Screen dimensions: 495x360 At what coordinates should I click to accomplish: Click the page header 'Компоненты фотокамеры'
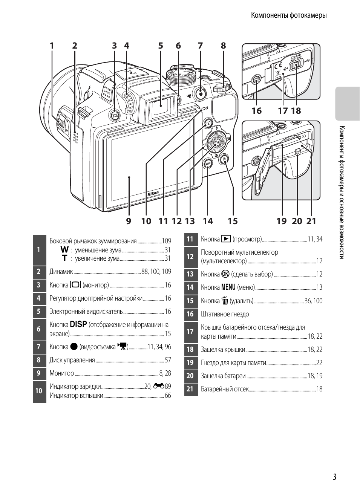click(289, 15)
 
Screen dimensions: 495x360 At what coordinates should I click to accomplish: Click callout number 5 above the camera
click(161, 46)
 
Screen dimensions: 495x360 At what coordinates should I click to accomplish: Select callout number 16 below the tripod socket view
click(256, 110)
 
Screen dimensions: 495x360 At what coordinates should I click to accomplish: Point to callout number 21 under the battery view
click(311, 221)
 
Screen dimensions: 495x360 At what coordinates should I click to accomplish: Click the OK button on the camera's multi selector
click(216, 142)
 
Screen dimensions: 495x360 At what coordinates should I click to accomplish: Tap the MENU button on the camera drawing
click(208, 163)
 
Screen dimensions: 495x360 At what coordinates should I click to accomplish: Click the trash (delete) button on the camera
click(224, 159)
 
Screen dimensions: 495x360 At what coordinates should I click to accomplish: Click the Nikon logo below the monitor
click(153, 193)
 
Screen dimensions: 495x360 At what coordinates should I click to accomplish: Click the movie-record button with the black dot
click(200, 93)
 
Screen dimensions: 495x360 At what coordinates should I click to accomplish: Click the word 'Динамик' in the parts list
click(61, 272)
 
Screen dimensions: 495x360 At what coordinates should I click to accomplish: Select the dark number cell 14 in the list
click(190, 287)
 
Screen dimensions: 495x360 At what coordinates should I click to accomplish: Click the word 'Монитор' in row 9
click(62, 373)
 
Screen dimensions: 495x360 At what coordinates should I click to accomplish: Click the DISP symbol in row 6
click(78, 324)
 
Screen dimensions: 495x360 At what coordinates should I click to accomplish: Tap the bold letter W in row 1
click(65, 250)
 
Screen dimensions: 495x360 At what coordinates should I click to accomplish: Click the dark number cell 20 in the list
click(190, 376)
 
